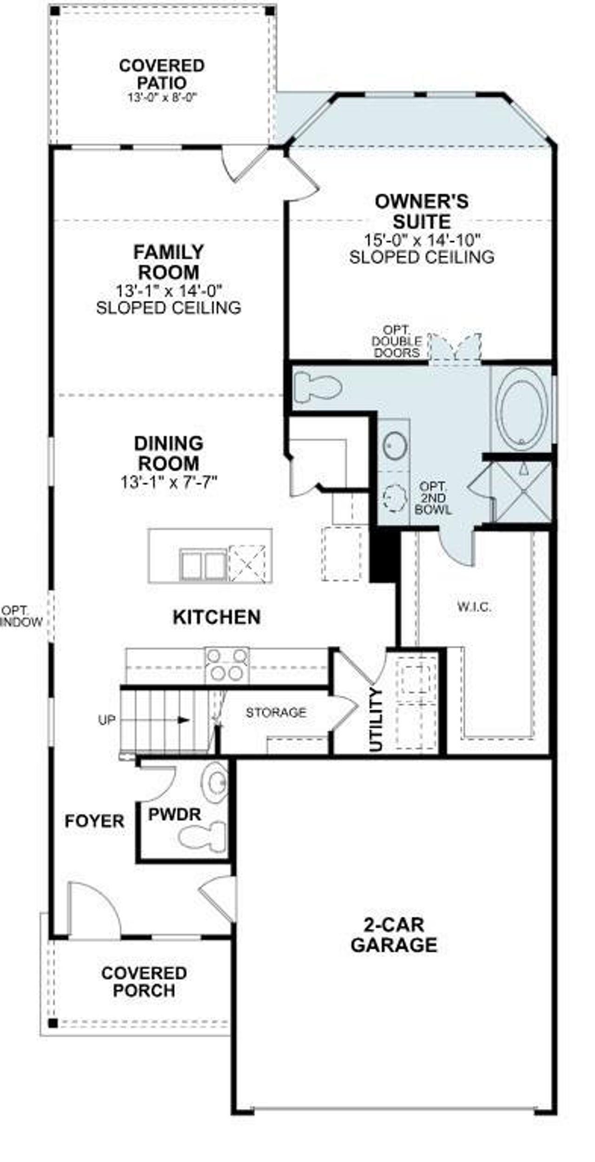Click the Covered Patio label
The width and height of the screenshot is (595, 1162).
pos(161,74)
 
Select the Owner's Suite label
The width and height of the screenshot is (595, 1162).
pos(422,211)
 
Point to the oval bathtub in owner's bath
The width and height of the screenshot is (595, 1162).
pos(521,408)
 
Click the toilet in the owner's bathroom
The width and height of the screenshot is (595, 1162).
pos(318,386)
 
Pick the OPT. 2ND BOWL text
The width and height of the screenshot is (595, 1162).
pos(433,498)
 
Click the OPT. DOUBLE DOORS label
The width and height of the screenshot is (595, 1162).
pos(397,341)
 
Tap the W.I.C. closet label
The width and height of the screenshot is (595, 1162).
pos(474,606)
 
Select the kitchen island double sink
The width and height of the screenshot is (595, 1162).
pos(203,564)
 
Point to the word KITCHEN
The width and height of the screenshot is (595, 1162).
pos(217,617)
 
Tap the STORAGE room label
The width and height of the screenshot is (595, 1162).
pos(276,712)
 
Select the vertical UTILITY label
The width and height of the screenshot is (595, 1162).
pos(376,719)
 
